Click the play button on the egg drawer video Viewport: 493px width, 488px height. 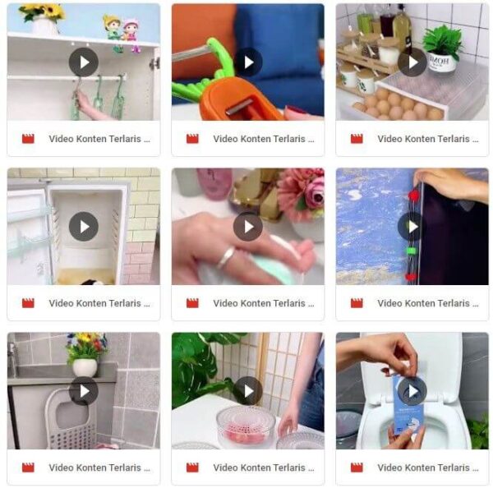[412, 62]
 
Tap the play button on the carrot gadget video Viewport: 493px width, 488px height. [248, 62]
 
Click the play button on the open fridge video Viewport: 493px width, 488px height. [84, 227]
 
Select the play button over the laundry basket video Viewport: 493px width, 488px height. [84, 391]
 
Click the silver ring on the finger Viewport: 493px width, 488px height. [226, 257]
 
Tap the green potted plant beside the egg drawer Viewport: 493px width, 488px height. [442, 41]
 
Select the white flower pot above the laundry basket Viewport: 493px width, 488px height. [85, 368]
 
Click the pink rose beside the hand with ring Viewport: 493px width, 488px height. [316, 191]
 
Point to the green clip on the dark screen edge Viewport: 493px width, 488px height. [411, 251]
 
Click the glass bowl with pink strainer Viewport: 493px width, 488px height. [245, 426]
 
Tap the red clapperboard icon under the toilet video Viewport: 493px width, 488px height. [357, 467]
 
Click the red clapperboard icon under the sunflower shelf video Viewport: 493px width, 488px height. [28, 139]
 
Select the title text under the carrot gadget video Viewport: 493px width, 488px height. [264, 139]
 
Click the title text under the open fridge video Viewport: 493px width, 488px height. [99, 303]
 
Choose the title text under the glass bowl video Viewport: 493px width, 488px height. [264, 468]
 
